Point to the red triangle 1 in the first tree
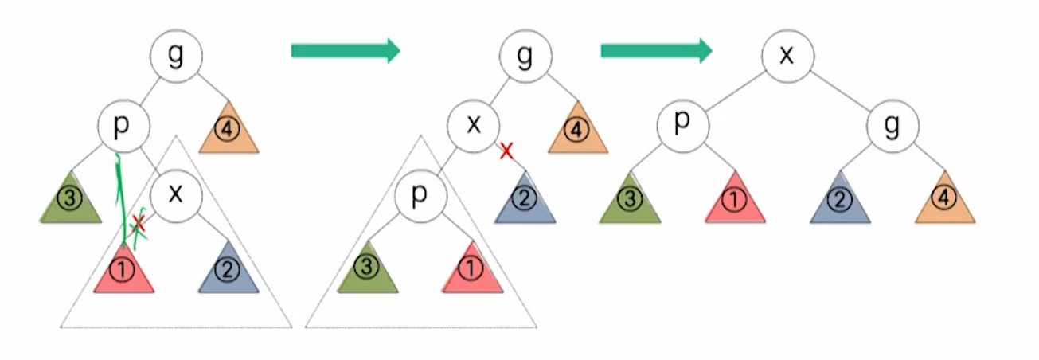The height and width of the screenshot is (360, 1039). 123,271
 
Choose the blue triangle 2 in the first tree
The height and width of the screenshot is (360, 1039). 229,271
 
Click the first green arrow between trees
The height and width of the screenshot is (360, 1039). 345,51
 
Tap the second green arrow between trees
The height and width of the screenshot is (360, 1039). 655,51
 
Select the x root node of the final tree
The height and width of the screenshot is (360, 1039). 787,55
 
